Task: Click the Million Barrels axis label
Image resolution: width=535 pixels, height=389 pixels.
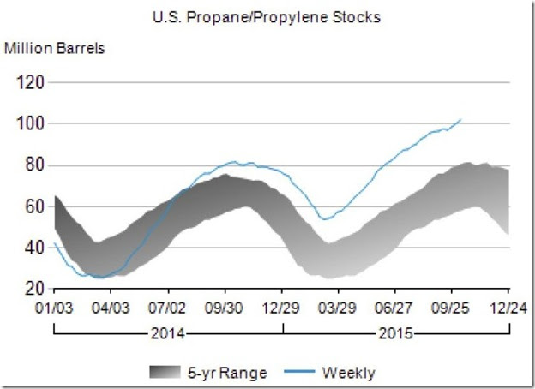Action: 55,47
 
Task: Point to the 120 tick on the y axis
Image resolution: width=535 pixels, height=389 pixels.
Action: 32,83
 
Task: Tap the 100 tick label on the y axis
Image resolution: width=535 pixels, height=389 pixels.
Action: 32,124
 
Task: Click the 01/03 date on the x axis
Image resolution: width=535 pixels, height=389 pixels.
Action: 54,306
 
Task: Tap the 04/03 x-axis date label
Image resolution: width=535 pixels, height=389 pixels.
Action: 111,306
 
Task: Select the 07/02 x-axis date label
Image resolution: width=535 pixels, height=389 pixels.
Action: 168,306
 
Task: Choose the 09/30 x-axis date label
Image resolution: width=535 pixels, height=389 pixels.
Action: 225,306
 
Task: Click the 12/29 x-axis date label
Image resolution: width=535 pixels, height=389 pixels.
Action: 282,306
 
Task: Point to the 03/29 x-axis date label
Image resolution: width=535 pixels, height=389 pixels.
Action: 339,306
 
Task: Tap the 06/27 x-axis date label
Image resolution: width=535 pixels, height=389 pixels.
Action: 395,306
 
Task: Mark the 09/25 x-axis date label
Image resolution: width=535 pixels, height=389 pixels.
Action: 452,306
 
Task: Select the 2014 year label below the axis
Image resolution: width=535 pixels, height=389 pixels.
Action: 169,334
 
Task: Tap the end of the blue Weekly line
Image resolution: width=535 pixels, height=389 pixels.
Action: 461,120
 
